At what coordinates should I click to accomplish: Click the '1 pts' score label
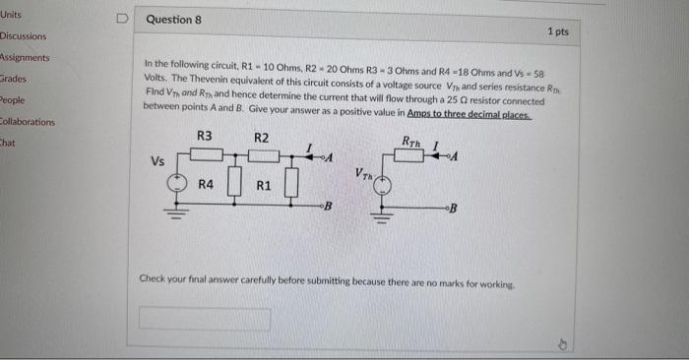pos(557,31)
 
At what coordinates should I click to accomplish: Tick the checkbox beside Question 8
pos(121,18)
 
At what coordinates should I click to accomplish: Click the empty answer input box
pos(205,319)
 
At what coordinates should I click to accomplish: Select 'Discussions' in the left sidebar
pos(24,36)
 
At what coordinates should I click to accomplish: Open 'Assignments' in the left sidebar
pos(25,57)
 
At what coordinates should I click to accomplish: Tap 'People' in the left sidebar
pos(13,99)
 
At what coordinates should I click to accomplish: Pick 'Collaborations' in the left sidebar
pos(28,122)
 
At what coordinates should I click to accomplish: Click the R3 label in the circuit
pos(205,136)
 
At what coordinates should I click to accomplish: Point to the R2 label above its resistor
pos(262,136)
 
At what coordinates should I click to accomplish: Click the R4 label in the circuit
pos(206,184)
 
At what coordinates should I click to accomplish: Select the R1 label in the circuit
pos(263,184)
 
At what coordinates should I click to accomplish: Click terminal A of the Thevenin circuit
pos(457,156)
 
